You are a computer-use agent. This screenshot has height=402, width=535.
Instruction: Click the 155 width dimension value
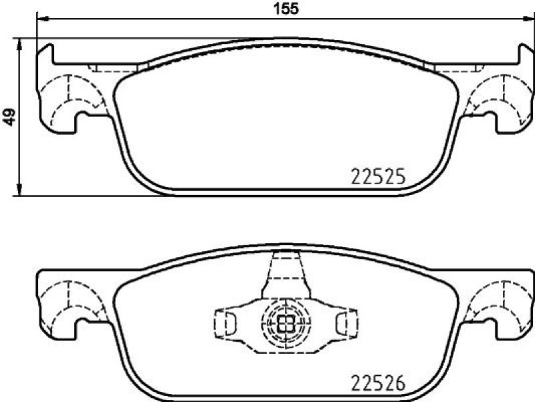286,8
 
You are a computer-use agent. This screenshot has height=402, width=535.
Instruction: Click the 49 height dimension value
9,117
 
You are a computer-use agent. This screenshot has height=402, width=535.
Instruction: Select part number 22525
378,177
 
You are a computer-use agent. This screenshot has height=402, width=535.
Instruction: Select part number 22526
378,383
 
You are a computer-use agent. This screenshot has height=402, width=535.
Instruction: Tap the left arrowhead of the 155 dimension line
41,19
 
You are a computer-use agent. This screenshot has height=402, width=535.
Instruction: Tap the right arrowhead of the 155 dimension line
529,19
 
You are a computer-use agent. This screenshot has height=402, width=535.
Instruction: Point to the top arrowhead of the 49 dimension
19,44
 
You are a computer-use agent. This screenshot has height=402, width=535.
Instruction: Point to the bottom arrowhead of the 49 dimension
19,190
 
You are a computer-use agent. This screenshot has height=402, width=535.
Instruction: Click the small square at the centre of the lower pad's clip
286,323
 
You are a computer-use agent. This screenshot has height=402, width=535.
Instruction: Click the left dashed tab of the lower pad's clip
224,323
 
